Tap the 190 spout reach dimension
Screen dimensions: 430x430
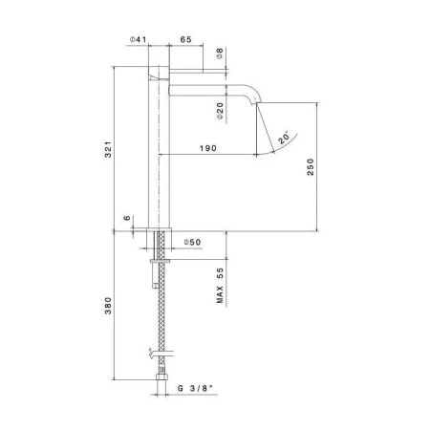[204, 148]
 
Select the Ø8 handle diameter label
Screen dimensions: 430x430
[221, 54]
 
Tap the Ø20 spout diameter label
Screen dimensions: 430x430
[221, 112]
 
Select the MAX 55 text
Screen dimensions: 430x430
[221, 285]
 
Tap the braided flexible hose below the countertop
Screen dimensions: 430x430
[160, 315]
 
